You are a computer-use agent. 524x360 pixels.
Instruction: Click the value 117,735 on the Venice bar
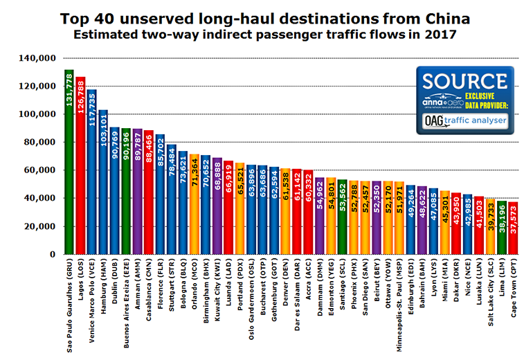click(x=92, y=107)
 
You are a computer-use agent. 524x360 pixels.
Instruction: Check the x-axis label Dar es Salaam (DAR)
click(x=296, y=291)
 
